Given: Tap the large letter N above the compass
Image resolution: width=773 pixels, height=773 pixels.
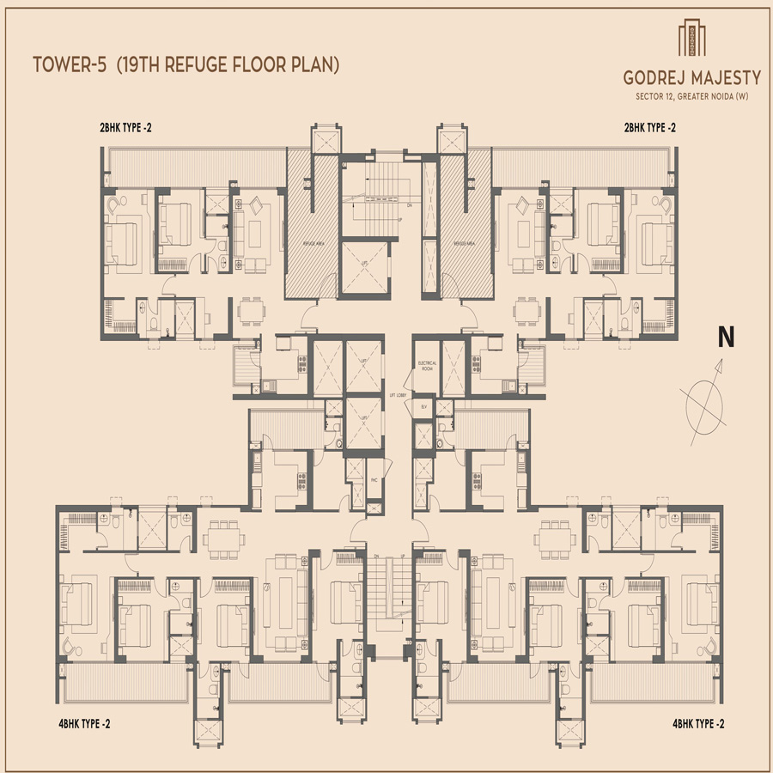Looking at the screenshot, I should click(726, 338).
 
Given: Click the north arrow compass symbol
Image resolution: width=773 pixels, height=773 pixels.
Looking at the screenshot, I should click(705, 395).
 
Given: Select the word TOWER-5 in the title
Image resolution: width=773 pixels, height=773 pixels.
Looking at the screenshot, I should click(70, 64).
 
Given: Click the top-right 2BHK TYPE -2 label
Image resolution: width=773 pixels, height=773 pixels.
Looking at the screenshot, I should click(650, 129).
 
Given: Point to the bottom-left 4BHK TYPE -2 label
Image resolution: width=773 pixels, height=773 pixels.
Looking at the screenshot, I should click(79, 724).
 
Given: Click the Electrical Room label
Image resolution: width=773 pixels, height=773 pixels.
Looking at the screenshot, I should click(427, 366).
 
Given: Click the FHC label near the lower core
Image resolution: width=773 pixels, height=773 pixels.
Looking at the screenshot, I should click(374, 480).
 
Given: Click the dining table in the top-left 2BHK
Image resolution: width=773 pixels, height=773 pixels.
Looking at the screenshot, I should click(250, 311).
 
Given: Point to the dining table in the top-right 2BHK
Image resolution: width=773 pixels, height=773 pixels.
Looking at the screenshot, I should click(526, 311).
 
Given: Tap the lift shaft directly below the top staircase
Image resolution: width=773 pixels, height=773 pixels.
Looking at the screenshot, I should click(366, 268).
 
